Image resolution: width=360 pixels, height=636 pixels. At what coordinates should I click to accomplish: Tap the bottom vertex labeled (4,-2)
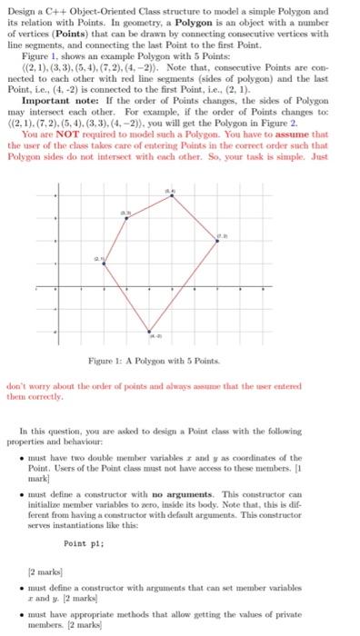click(x=149, y=330)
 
